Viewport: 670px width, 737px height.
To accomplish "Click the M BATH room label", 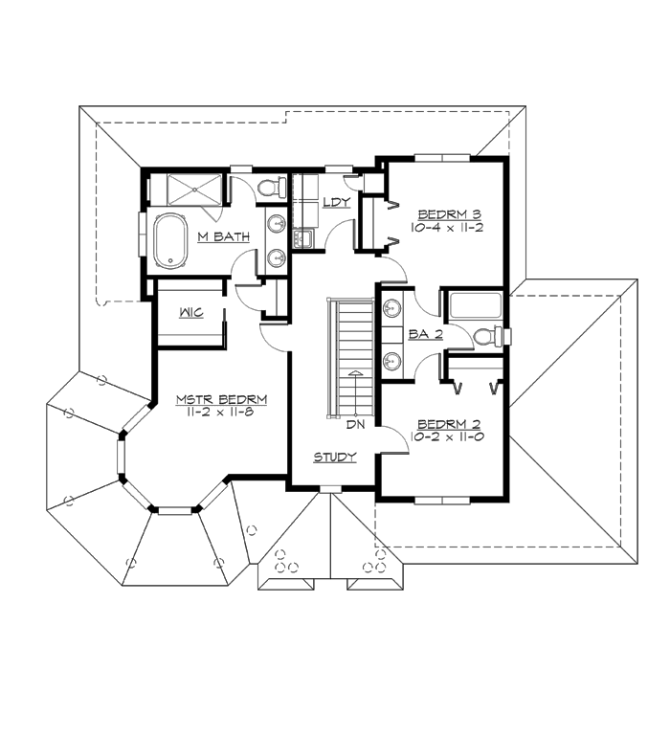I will [x=224, y=236].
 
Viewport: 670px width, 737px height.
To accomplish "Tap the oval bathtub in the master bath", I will [x=173, y=241].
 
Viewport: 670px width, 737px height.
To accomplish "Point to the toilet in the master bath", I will [x=272, y=186].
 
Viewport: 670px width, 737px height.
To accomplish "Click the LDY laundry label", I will [x=336, y=202].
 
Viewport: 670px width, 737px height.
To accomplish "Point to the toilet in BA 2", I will [x=488, y=336].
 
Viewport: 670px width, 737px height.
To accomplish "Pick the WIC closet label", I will [x=188, y=313].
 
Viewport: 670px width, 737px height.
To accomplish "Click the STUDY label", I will [x=335, y=458].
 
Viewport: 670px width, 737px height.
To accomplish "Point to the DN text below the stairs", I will [x=354, y=422].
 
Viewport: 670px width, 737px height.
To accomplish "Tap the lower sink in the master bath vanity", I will [x=276, y=257].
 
